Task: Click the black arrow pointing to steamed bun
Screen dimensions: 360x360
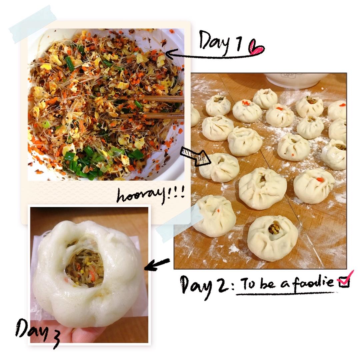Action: coord(157,264)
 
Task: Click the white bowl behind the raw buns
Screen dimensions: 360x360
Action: coord(296,80)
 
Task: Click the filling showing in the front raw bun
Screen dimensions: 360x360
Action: coord(274,229)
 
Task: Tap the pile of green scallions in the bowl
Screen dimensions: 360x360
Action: coord(90,162)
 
